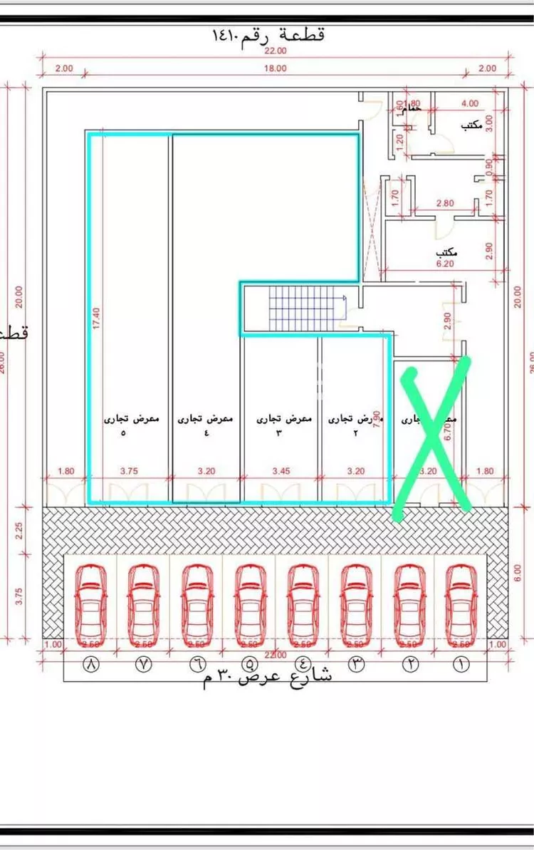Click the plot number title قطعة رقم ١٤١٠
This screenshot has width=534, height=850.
268,35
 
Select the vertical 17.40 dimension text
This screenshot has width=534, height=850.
96,316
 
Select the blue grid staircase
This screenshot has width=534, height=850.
306,309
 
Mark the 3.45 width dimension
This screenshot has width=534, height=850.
281,471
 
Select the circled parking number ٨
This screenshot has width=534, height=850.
91,664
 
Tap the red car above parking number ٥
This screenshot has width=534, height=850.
248,596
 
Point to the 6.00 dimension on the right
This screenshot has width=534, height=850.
518,572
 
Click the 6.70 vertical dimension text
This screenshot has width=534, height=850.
448,432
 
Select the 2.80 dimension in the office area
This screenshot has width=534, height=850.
445,204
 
